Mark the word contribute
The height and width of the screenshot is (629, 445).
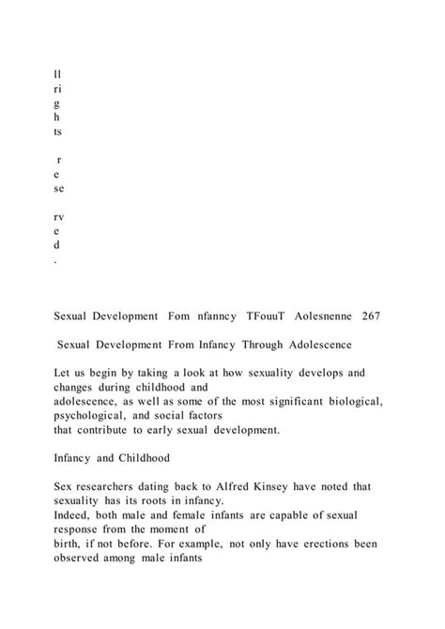119,437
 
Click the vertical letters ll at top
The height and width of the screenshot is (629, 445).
59,70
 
